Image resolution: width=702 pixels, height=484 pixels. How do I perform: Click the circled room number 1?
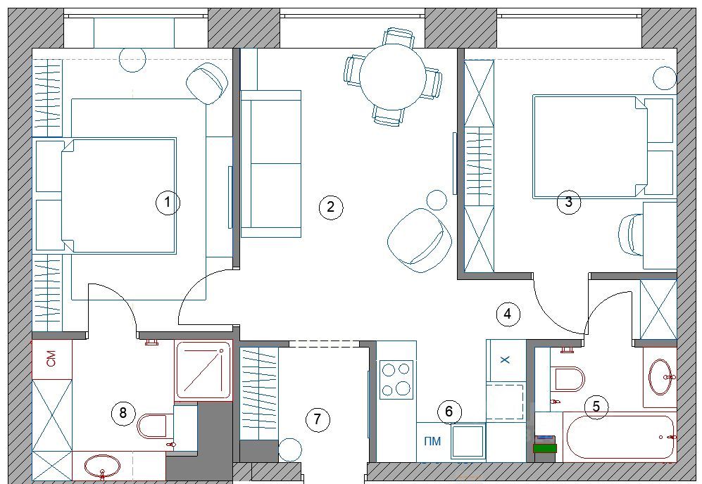[168, 202]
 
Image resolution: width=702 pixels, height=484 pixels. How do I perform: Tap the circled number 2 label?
[330, 207]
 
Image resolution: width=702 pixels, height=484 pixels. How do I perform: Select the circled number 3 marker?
[569, 202]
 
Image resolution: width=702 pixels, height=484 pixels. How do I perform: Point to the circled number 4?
[508, 314]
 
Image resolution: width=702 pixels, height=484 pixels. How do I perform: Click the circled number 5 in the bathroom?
[596, 407]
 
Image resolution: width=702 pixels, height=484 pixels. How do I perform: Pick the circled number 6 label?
[449, 411]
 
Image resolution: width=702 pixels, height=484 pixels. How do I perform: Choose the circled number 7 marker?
[318, 419]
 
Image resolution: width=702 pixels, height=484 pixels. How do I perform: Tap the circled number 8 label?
[123, 412]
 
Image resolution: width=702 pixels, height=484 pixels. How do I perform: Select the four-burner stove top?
[396, 379]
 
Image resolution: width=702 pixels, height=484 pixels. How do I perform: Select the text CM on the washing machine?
[51, 359]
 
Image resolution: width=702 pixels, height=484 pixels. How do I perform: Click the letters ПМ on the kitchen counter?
[432, 442]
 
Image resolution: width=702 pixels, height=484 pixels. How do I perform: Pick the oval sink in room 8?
[103, 466]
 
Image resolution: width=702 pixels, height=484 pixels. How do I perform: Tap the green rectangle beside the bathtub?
[545, 447]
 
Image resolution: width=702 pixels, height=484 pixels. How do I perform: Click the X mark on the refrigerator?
[505, 359]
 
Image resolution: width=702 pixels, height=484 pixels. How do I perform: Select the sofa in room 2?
[271, 164]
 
